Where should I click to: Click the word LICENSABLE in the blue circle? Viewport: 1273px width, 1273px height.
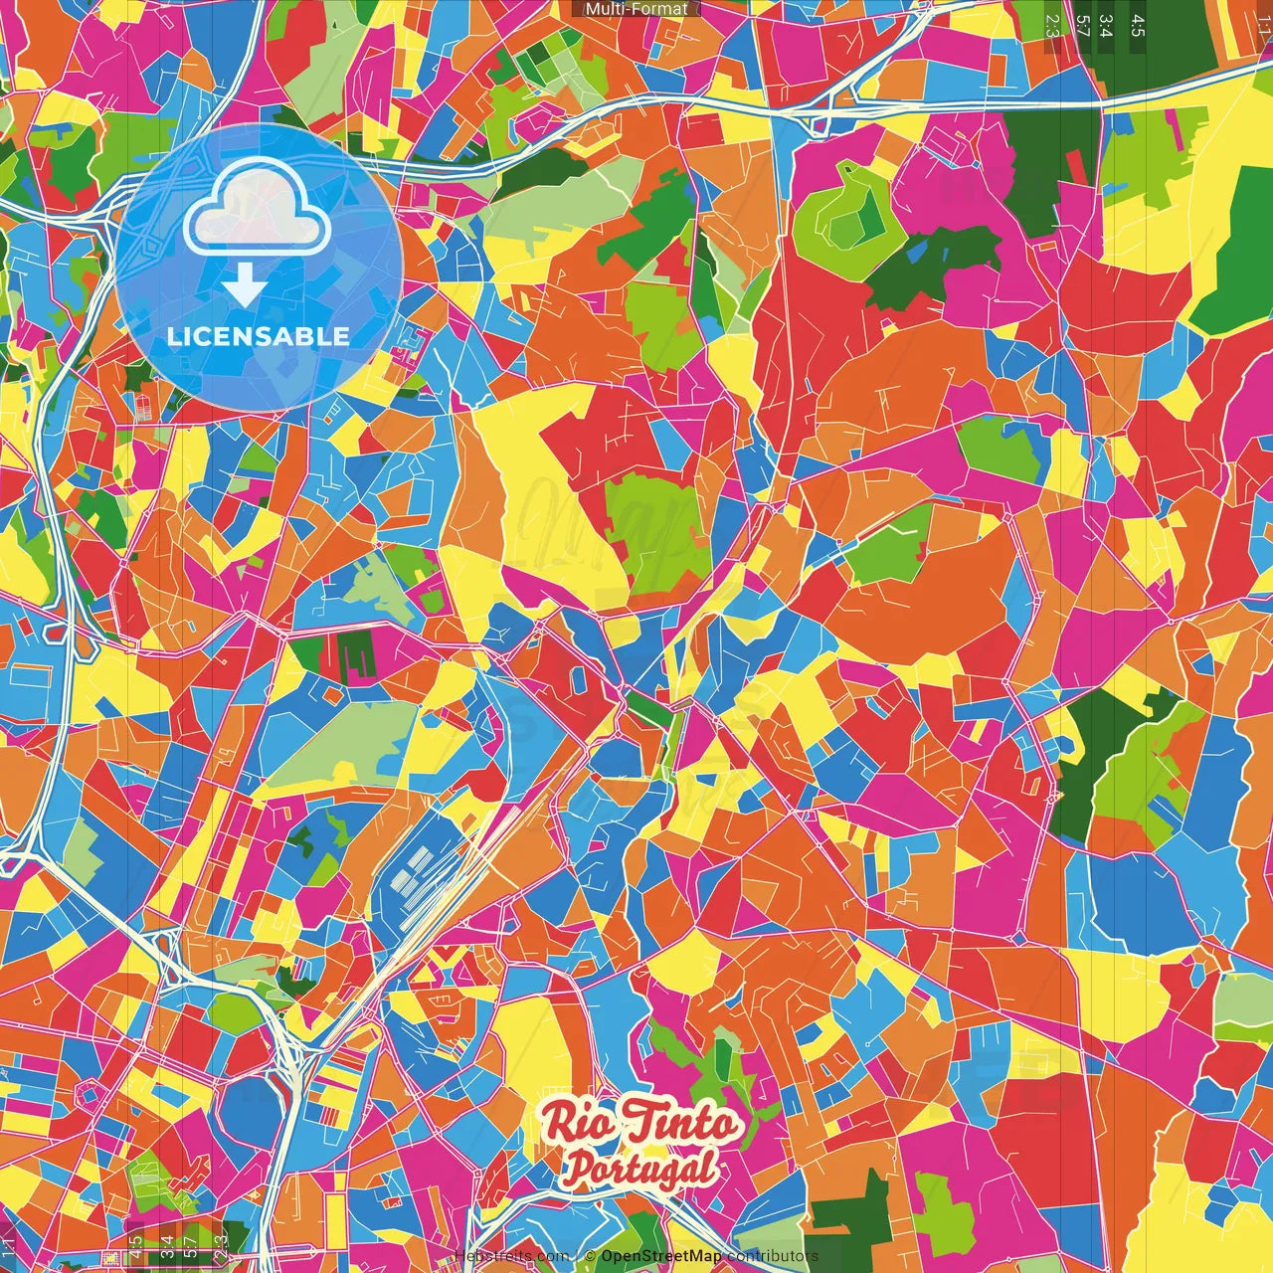point(258,336)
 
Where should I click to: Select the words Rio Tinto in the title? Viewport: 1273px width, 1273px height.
point(641,1125)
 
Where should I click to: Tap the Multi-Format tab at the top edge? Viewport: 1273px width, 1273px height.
point(636,9)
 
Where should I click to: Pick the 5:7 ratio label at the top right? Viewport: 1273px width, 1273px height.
point(1082,25)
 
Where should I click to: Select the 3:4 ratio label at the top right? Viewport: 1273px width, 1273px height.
point(1106,25)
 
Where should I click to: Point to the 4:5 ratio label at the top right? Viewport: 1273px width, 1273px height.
point(1138,25)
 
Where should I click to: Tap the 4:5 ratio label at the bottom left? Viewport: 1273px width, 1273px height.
point(136,1247)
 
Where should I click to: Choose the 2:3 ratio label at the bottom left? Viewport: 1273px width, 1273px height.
point(221,1247)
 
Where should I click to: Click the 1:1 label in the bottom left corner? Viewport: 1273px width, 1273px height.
point(9,1247)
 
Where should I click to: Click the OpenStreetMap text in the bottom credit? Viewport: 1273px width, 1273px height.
point(660,1256)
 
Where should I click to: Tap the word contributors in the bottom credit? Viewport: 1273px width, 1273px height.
point(772,1256)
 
